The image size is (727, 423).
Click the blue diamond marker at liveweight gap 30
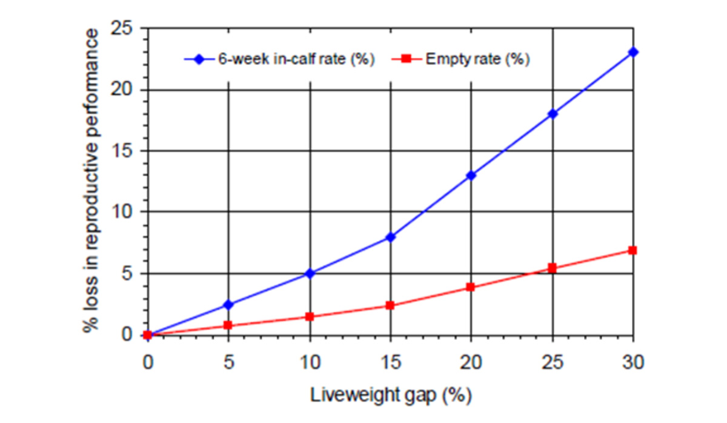coord(633,52)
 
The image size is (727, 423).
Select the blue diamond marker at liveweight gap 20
coord(471,175)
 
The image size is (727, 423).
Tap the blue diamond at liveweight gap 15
coord(390,237)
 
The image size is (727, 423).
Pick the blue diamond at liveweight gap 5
coord(228,304)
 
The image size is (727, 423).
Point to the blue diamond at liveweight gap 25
coord(553,113)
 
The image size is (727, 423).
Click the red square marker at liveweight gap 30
coord(633,250)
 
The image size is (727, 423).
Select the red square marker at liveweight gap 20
coord(471,287)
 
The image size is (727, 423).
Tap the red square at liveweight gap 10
coord(310,316)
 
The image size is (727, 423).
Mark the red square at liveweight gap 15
coord(390,305)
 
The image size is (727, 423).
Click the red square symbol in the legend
coord(408,59)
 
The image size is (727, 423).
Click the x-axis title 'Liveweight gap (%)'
coord(391,395)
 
